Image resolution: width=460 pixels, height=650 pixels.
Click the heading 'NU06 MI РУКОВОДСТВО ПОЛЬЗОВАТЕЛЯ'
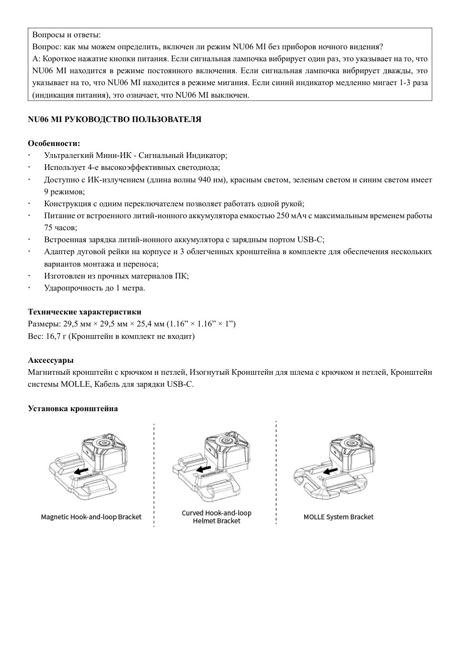(115, 120)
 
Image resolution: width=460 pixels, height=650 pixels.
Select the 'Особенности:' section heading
(54, 144)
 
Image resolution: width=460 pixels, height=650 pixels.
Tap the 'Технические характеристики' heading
(84, 312)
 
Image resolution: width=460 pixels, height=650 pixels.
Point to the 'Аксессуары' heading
(51, 360)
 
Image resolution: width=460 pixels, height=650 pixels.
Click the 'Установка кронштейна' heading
(73, 408)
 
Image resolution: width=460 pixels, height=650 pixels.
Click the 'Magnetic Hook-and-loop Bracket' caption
(91, 517)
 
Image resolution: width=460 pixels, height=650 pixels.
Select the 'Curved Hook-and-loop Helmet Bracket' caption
(216, 517)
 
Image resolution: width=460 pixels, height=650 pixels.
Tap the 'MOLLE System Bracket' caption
(338, 517)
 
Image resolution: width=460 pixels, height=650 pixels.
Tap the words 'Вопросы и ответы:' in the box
(66, 35)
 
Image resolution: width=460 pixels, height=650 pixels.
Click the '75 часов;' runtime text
(60, 228)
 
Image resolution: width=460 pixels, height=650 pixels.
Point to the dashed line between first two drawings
(154, 474)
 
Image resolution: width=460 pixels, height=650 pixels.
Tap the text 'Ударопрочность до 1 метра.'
(94, 288)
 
